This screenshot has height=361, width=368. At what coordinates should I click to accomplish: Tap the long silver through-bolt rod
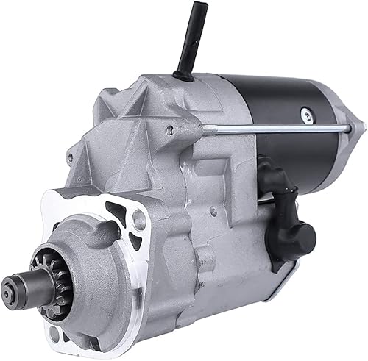click(280, 129)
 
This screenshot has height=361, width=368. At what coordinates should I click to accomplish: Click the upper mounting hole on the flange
click(138, 218)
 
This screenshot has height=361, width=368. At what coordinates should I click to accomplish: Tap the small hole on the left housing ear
click(71, 157)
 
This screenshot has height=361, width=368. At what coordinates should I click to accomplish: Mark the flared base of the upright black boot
click(183, 75)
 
